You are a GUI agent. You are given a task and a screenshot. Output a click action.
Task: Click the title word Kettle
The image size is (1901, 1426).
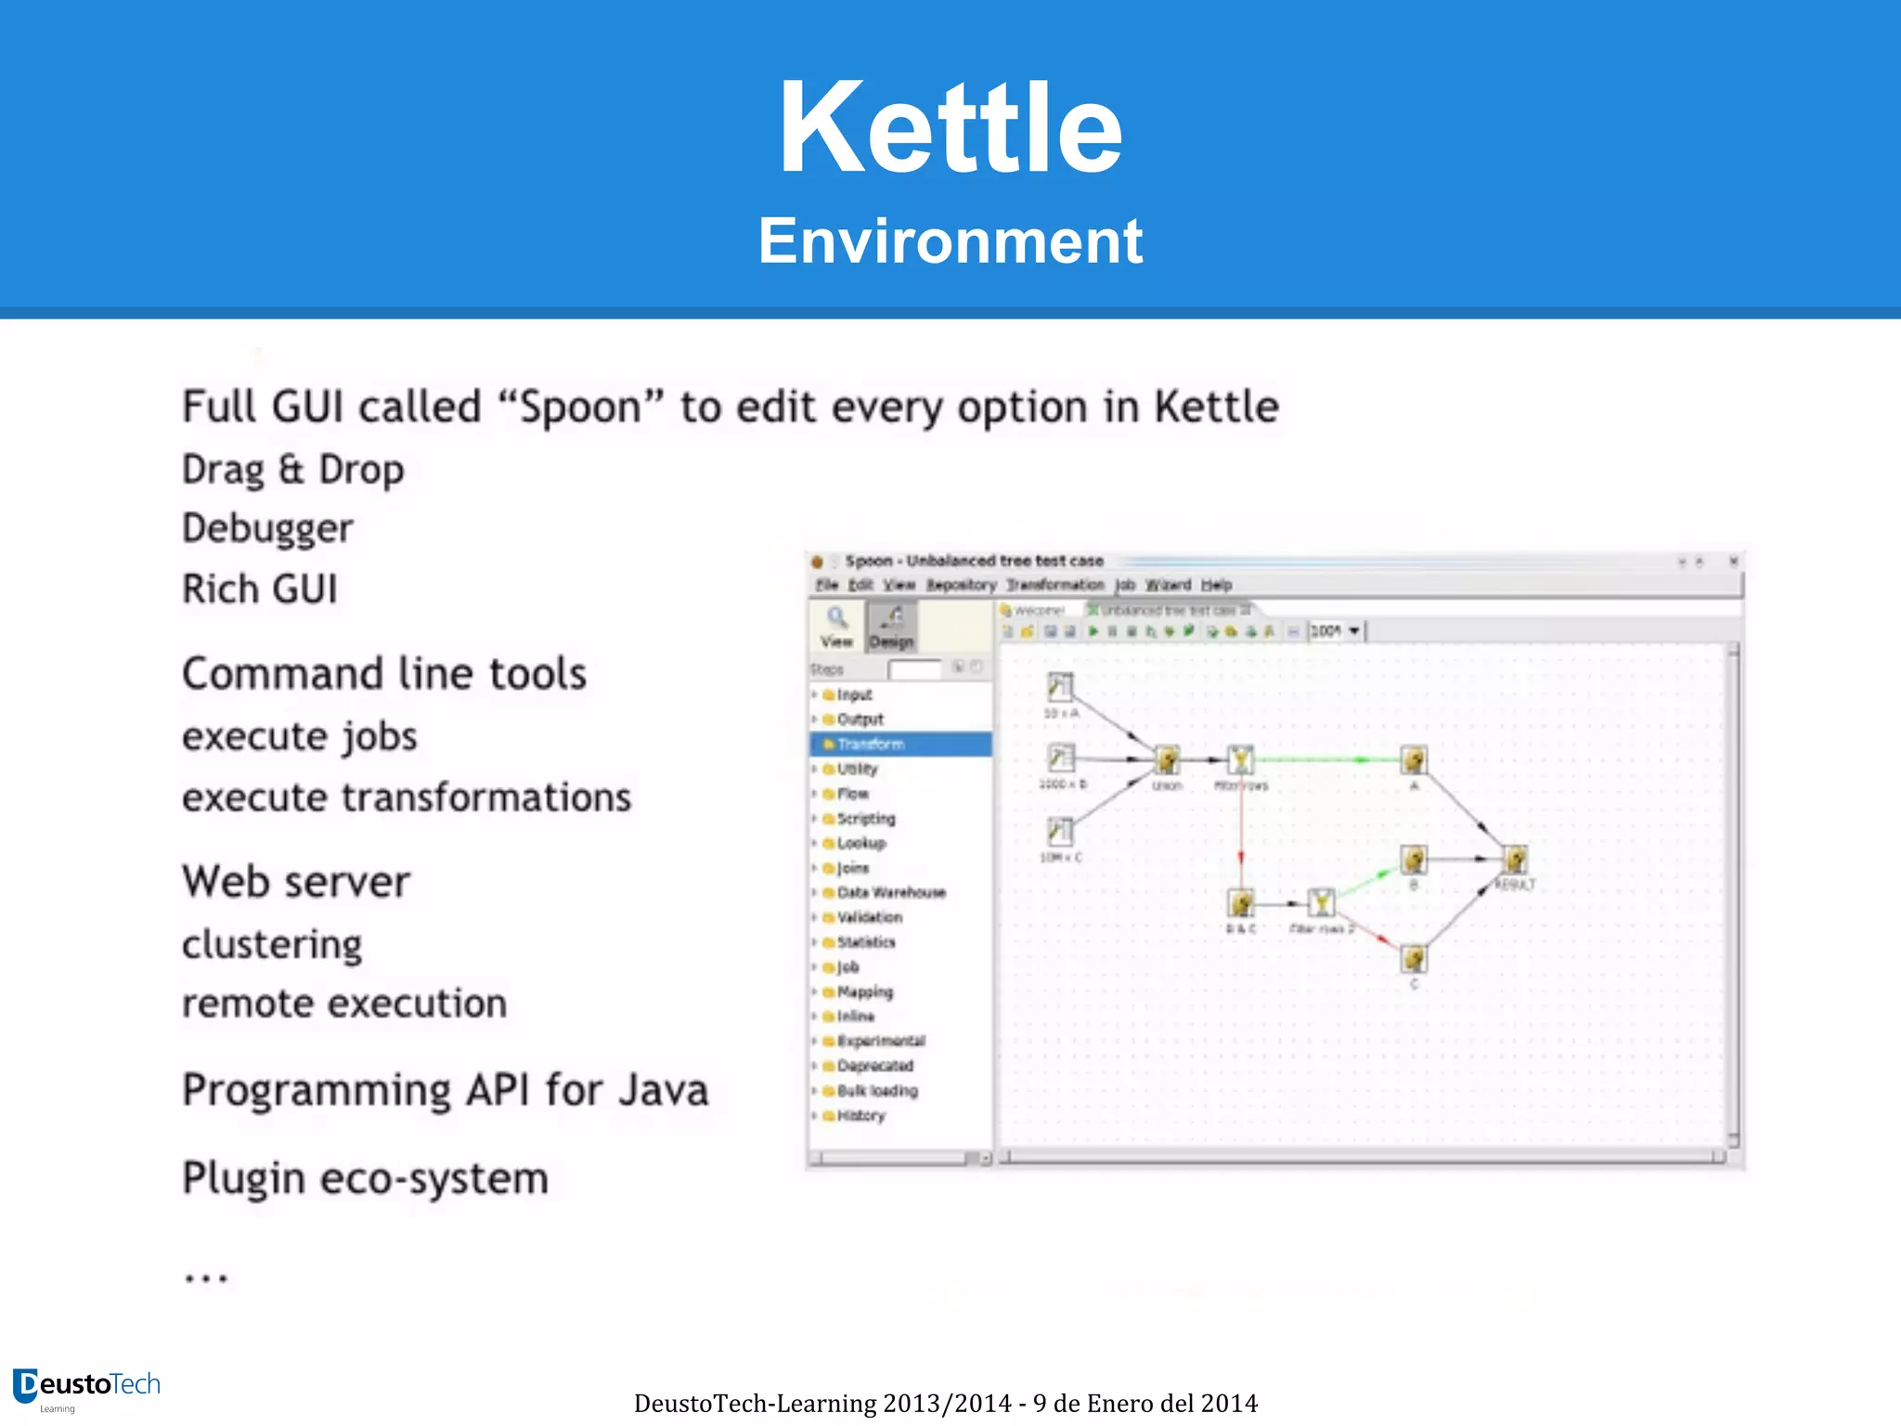pyautogui.click(x=950, y=128)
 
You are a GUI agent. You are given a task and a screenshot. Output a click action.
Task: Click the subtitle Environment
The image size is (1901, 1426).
pyautogui.click(x=950, y=241)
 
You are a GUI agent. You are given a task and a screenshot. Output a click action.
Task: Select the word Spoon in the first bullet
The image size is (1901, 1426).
pyautogui.click(x=580, y=408)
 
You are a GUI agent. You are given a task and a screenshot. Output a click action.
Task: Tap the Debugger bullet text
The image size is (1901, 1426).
pyautogui.click(x=267, y=528)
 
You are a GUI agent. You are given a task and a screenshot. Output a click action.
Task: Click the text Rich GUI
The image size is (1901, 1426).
pyautogui.click(x=260, y=590)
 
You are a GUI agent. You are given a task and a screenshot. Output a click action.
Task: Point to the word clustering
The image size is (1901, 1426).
pyautogui.click(x=272, y=944)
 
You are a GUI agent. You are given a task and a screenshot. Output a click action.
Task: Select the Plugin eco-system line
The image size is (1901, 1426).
pyautogui.click(x=365, y=1179)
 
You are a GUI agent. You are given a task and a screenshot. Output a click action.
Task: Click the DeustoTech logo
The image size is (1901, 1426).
pyautogui.click(x=86, y=1386)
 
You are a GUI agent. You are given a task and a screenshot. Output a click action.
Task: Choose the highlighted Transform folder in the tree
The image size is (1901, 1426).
pyautogui.click(x=870, y=744)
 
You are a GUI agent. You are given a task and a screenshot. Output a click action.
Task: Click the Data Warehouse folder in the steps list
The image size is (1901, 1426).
pyautogui.click(x=890, y=892)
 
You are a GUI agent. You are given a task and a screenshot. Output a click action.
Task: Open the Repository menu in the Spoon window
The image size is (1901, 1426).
pyautogui.click(x=961, y=585)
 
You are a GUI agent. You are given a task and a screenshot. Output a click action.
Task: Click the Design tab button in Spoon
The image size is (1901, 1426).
pyautogui.click(x=891, y=627)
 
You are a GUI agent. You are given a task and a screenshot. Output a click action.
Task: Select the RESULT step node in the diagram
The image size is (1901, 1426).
pyautogui.click(x=1515, y=860)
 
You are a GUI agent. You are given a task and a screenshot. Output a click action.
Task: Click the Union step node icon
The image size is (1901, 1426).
pyautogui.click(x=1167, y=760)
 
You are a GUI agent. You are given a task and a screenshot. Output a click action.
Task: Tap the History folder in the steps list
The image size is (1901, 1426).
pyautogui.click(x=860, y=1115)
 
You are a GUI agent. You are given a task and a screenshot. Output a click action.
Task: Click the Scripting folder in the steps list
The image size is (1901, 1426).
pyautogui.click(x=865, y=818)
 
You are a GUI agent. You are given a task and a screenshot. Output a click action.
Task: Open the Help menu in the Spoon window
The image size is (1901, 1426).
pyautogui.click(x=1216, y=585)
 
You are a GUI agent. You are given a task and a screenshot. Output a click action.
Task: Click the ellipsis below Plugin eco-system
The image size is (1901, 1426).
pyautogui.click(x=205, y=1278)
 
